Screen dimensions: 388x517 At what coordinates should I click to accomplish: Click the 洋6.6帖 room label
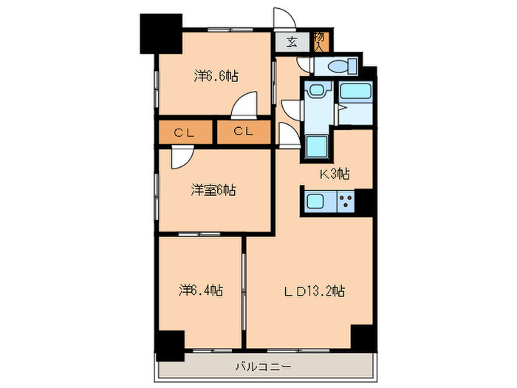[x=216, y=75]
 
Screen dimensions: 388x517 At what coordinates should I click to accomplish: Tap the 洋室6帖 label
[x=213, y=191]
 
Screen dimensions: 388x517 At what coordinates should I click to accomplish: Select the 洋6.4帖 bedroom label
[x=200, y=290]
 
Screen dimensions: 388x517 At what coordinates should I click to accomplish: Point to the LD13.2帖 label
[x=315, y=290]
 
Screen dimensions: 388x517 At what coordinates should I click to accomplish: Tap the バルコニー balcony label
[x=263, y=366]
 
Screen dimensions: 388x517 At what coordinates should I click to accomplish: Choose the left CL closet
[x=184, y=132]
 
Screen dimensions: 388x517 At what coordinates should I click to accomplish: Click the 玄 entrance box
[x=292, y=42]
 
